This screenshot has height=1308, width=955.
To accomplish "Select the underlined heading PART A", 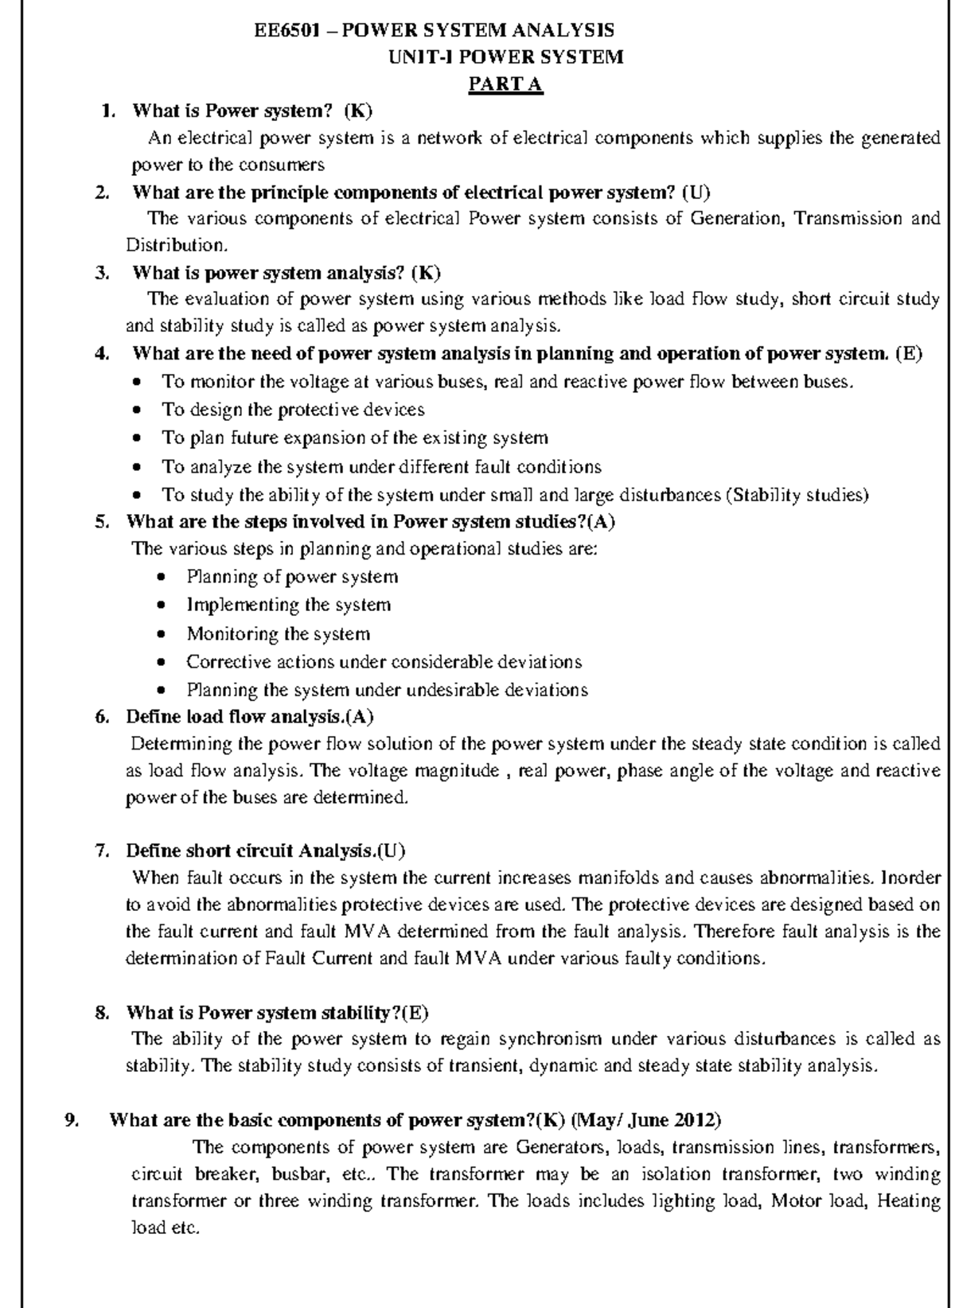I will (x=505, y=84).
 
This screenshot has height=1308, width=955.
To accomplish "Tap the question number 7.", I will (x=101, y=851).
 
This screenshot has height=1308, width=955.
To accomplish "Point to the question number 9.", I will (x=72, y=1120).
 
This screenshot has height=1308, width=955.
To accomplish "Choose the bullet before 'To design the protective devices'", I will (x=138, y=411).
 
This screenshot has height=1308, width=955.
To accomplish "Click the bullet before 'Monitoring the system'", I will (x=162, y=635).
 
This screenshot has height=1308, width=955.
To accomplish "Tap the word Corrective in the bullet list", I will (x=221, y=662).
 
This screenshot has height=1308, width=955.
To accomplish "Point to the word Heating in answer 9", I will (x=908, y=1201).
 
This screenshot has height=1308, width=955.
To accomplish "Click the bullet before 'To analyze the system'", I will (x=138, y=467).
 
